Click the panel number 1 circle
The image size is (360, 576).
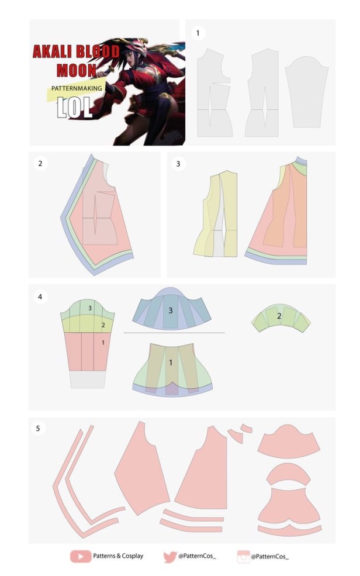point(198,33)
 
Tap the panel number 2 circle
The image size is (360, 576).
point(40,164)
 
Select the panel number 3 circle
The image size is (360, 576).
point(178,164)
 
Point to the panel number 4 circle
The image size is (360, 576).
point(40,296)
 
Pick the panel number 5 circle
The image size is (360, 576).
point(38,428)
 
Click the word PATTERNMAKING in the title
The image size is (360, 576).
point(77,88)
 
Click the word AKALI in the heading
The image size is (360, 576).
point(54,52)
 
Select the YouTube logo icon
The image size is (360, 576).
point(81,556)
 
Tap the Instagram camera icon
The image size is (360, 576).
point(243,557)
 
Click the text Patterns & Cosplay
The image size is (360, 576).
point(118,556)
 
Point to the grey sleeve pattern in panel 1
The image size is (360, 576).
point(306,92)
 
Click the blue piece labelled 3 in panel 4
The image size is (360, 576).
point(171,309)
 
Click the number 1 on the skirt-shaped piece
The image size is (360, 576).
point(170,363)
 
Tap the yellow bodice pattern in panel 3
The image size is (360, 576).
point(216,214)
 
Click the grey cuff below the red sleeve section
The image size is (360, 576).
point(88,380)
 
